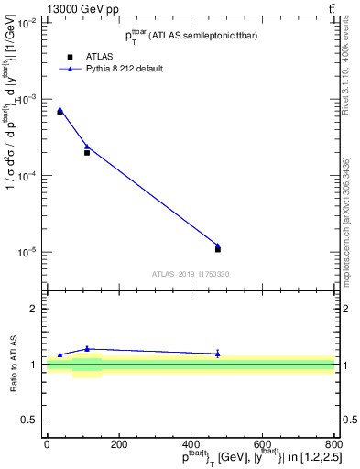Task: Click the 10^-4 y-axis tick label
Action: tap(27, 175)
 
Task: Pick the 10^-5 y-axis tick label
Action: tap(27, 252)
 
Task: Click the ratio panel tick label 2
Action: tap(35, 309)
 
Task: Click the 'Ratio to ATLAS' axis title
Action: tap(12, 364)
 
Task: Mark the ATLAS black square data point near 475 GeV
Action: tap(218, 249)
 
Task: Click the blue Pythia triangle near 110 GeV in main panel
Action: tap(87, 146)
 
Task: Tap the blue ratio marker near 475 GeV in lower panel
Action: tap(218, 353)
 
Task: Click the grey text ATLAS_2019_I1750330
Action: tap(190, 274)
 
